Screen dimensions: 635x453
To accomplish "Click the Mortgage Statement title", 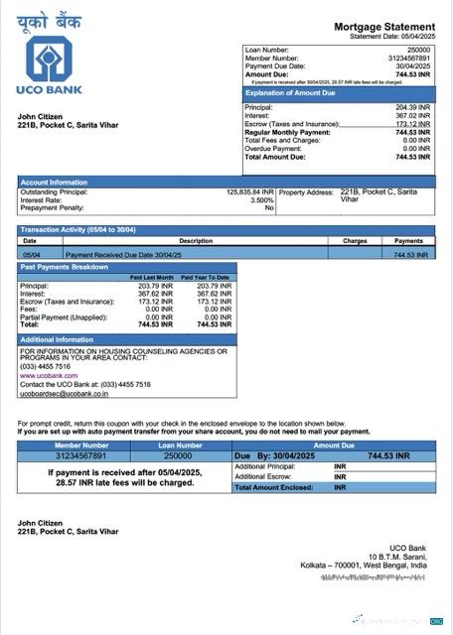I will coord(383,26).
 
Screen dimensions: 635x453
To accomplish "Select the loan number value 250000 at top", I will coord(418,49).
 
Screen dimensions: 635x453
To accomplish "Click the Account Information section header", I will coord(54,183).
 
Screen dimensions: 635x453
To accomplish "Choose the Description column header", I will coord(196,240).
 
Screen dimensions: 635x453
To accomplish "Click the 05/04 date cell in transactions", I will coord(31,255).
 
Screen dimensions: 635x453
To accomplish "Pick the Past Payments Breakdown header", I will coord(66,267).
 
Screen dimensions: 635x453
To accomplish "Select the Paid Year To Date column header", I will coord(208,277).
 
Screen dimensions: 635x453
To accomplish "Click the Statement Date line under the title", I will coord(392,36).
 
